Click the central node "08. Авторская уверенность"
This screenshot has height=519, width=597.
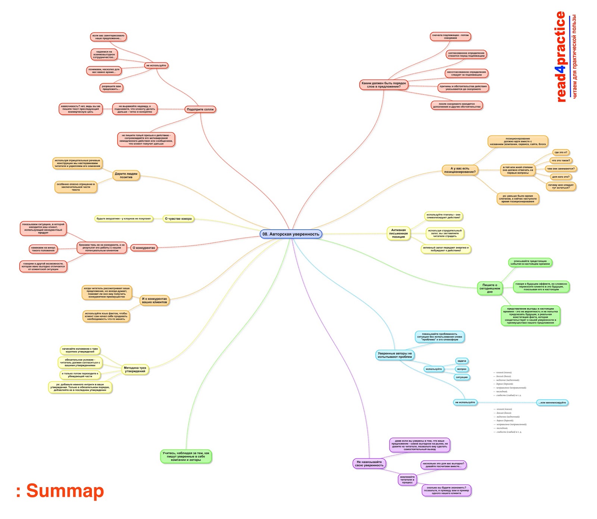point(291,234)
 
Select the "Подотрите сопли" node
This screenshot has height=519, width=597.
point(200,109)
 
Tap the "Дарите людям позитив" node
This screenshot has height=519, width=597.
point(126,175)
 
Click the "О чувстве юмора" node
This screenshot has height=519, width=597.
point(178,219)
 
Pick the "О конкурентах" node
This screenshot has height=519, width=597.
point(144,248)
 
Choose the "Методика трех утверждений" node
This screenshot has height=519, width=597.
point(135,369)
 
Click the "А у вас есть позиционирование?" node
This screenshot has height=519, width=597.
point(460,170)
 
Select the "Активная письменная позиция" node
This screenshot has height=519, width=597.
point(398,233)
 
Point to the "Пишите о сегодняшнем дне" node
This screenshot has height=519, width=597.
point(490,288)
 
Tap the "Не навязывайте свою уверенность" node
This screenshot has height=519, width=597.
point(369,464)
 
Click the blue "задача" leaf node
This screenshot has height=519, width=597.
point(462,361)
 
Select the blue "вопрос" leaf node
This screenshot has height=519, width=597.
point(462,369)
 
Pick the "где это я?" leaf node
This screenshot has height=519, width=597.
point(560,152)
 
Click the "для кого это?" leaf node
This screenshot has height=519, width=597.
point(560,177)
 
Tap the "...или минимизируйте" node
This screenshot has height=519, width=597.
point(552,403)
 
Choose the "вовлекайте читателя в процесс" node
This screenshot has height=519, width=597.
point(407,479)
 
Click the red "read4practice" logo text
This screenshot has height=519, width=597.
point(560,57)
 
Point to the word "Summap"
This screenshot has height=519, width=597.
point(65,491)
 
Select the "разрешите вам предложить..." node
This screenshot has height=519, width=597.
point(111,88)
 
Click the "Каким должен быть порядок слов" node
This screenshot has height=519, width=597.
point(384,85)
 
